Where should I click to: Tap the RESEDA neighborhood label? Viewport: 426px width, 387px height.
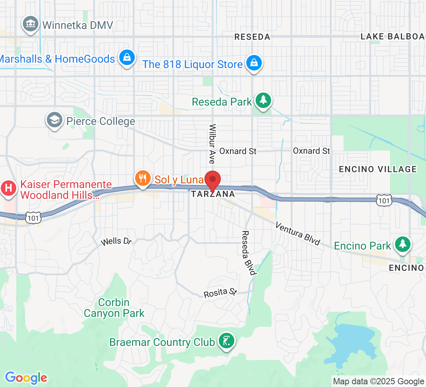(x=252, y=37)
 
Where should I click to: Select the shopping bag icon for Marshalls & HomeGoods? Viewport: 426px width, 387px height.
(x=127, y=58)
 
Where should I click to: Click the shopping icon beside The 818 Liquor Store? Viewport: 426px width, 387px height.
(x=254, y=63)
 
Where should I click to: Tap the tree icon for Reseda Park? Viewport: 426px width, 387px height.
(x=263, y=101)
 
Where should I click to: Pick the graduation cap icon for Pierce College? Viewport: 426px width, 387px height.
(x=55, y=120)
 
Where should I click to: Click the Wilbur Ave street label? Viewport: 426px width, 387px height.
(x=212, y=144)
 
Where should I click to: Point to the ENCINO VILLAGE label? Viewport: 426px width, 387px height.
(x=378, y=169)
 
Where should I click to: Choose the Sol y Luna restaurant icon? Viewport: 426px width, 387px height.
(x=143, y=178)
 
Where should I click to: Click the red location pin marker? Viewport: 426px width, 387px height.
(x=212, y=180)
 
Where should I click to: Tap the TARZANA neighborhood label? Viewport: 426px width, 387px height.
(x=213, y=194)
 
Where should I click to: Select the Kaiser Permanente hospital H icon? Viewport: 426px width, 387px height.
(x=9, y=188)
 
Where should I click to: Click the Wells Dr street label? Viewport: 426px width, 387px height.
(x=116, y=242)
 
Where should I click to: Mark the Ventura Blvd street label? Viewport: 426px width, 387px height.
(x=298, y=233)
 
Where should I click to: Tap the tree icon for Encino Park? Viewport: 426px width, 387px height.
(x=403, y=244)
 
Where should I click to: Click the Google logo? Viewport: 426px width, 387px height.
(x=26, y=377)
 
